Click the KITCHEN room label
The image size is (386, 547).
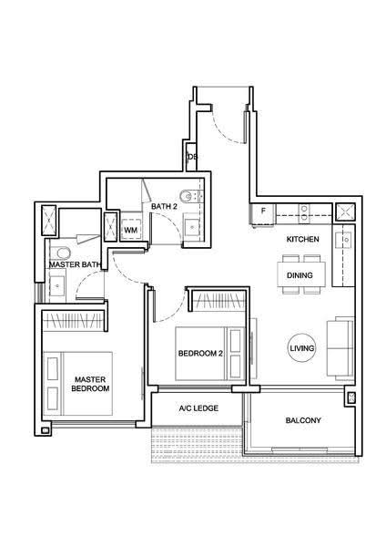pyautogui.click(x=302, y=239)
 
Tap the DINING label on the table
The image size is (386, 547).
pyautogui.click(x=300, y=275)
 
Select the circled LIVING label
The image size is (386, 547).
pyautogui.click(x=302, y=348)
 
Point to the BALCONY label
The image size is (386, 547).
pyautogui.click(x=303, y=420)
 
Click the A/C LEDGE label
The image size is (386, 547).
pyautogui.click(x=198, y=408)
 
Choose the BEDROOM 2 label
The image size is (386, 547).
pyautogui.click(x=200, y=354)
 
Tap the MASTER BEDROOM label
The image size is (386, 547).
pyautogui.click(x=90, y=384)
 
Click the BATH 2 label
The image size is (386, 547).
pyautogui.click(x=164, y=207)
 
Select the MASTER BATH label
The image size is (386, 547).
pyautogui.click(x=75, y=264)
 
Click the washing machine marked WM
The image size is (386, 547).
pyautogui.click(x=131, y=230)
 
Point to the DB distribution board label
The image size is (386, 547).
pyautogui.click(x=193, y=157)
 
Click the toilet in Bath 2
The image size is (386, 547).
pyautogui.click(x=189, y=196)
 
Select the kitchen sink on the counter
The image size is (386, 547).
pyautogui.click(x=343, y=240)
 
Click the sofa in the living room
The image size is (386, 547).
pyautogui.click(x=340, y=348)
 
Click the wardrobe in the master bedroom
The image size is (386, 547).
pyautogui.click(x=73, y=320)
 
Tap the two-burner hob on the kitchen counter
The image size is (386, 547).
pyautogui.click(x=304, y=213)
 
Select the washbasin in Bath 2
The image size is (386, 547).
pyautogui.click(x=192, y=226)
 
